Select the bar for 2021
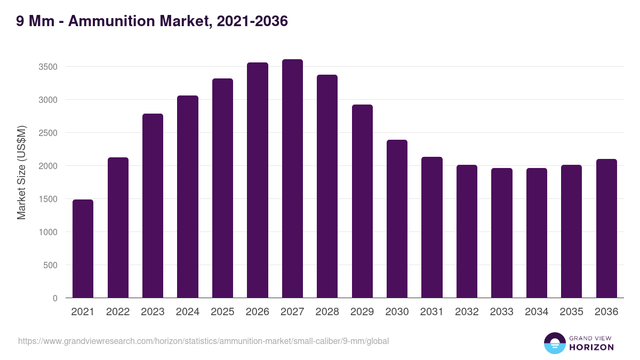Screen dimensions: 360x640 (x=83, y=249)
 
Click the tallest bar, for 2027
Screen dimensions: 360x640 (x=292, y=179)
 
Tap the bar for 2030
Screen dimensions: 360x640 (x=397, y=219)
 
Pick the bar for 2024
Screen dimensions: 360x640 (x=188, y=197)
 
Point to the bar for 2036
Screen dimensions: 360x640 (x=606, y=228)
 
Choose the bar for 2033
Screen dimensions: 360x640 (x=502, y=233)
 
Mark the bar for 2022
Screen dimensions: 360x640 (x=118, y=228)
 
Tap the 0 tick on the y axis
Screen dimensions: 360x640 (x=55, y=298)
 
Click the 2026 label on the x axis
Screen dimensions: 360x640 (x=257, y=312)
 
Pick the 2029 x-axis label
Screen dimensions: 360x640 (x=362, y=312)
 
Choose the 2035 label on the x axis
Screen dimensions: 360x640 (x=572, y=312)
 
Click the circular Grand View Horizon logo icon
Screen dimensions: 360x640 (x=554, y=343)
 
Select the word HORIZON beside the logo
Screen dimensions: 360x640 (x=591, y=347)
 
